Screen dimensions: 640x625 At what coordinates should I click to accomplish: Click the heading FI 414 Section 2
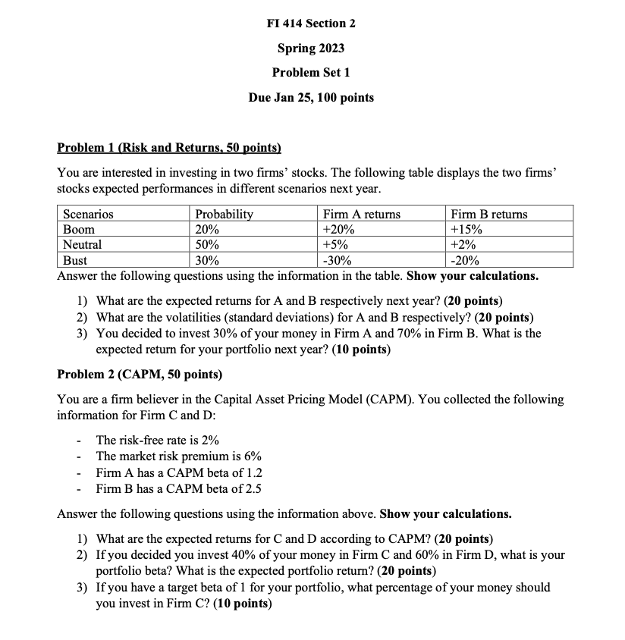[311, 24]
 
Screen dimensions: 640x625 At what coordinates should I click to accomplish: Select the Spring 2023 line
[311, 49]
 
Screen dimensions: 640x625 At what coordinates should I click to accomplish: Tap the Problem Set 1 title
[311, 73]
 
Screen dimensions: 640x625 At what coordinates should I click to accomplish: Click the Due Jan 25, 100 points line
[311, 98]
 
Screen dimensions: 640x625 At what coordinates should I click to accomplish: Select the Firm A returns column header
[361, 215]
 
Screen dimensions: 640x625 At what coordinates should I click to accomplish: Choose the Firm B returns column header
[488, 215]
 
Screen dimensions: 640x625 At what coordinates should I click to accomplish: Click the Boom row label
[79, 230]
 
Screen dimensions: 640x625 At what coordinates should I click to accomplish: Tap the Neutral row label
[82, 245]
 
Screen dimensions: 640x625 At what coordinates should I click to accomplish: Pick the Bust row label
[75, 260]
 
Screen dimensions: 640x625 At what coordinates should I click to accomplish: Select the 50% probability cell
[207, 245]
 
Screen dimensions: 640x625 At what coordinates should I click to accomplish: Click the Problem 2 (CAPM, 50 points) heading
[140, 375]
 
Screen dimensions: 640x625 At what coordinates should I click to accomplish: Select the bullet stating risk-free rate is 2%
[158, 440]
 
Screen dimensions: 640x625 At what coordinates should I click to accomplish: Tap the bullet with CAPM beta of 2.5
[178, 488]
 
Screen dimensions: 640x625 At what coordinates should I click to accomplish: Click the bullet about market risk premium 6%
[178, 456]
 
